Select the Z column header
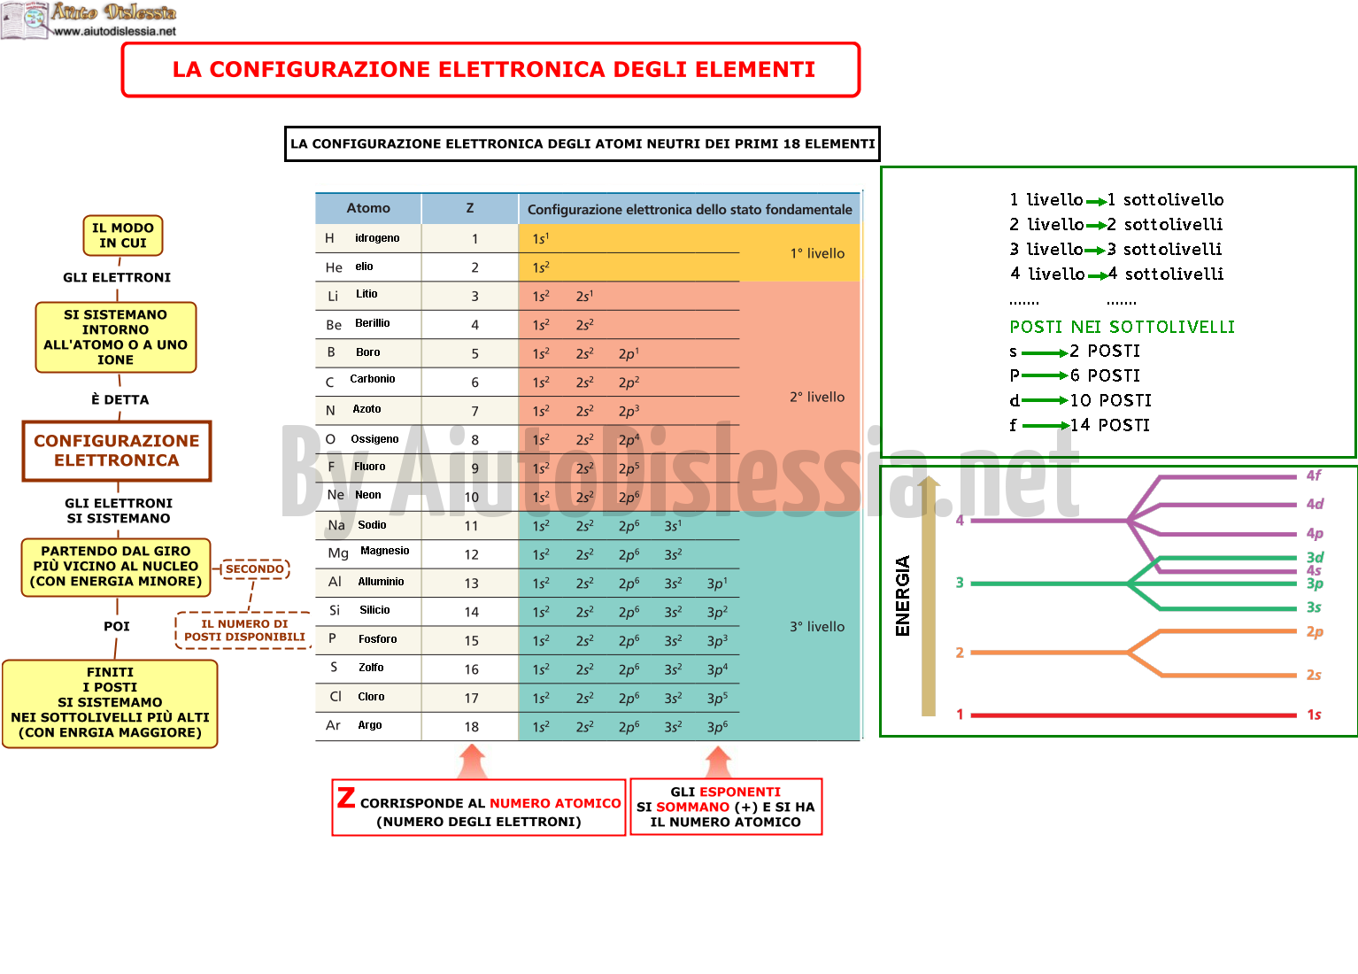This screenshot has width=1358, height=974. pyautogui.click(x=470, y=208)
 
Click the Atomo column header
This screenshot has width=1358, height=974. pyautogui.click(x=368, y=208)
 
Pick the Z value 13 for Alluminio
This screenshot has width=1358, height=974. pyautogui.click(x=471, y=583)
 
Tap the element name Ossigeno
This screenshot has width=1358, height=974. pyautogui.click(x=374, y=438)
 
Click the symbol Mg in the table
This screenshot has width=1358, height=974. pyautogui.click(x=338, y=553)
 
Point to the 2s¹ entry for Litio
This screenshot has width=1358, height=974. pyautogui.click(x=584, y=296)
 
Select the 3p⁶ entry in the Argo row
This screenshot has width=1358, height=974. pyautogui.click(x=717, y=727)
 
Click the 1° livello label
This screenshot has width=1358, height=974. pyautogui.click(x=816, y=253)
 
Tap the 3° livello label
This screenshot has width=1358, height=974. pyautogui.click(x=816, y=627)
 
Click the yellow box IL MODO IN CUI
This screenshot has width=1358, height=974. pyautogui.click(x=123, y=236)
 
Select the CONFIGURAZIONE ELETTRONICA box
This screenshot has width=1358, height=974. pyautogui.click(x=116, y=451)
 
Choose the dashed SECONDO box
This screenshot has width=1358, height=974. pyautogui.click(x=255, y=568)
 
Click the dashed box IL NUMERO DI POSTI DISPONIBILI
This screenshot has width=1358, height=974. pyautogui.click(x=243, y=630)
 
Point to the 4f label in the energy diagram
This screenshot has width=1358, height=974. pyautogui.click(x=1313, y=475)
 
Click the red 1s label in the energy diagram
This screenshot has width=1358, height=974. pyautogui.click(x=1314, y=715)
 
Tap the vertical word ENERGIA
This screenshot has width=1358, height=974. pyautogui.click(x=903, y=596)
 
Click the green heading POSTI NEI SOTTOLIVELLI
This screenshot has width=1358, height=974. pyautogui.click(x=1122, y=327)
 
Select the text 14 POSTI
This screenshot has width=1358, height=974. pyautogui.click(x=1109, y=424)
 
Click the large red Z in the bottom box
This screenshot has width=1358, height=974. pyautogui.click(x=346, y=798)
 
